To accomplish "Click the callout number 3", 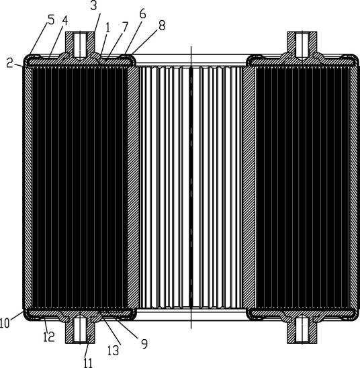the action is [x=93, y=5].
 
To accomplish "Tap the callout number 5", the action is [x=51, y=19].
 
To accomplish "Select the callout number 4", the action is [x=65, y=21].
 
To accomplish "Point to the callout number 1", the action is [x=108, y=28].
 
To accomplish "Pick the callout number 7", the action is [x=125, y=27].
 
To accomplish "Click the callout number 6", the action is [x=142, y=14].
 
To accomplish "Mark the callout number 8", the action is [x=162, y=26].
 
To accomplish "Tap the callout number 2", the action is [x=9, y=62].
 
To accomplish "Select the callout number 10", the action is [x=5, y=323].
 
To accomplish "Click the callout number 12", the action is [x=49, y=337].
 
